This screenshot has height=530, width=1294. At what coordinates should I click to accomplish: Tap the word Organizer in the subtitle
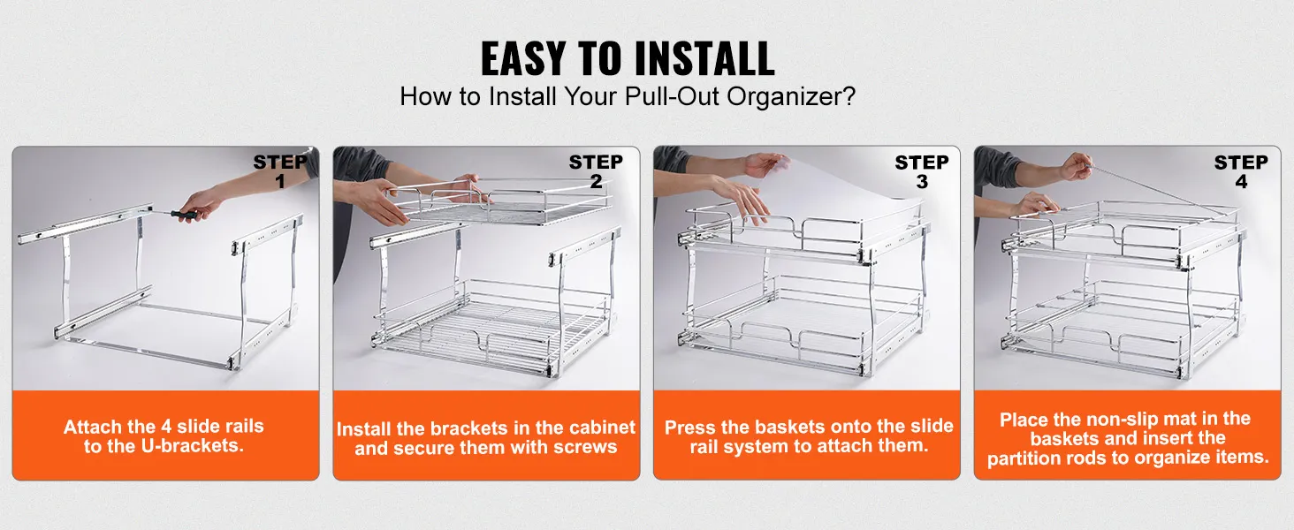pyautogui.click(x=790, y=96)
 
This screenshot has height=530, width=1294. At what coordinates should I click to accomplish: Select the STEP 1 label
pyautogui.click(x=280, y=171)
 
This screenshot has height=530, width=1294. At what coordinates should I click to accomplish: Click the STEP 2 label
pyautogui.click(x=596, y=171)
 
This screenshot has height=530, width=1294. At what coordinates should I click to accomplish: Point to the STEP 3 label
pyautogui.click(x=921, y=171)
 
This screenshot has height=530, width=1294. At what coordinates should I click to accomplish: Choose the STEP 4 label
pyautogui.click(x=1241, y=171)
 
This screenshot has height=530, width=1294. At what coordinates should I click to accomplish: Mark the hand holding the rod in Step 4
pyautogui.click(x=1076, y=165)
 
